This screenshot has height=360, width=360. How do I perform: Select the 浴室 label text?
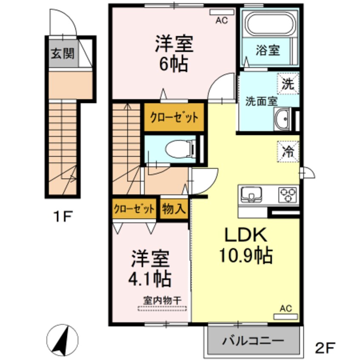[x=268, y=50]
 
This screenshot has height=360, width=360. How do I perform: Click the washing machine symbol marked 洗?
[x=289, y=83]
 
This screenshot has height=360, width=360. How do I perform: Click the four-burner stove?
[x=288, y=195]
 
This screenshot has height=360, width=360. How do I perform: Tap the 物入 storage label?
[x=174, y=209]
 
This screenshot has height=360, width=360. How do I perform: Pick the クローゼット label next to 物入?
[x=134, y=209]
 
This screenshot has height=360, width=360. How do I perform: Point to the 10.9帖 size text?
[x=246, y=255]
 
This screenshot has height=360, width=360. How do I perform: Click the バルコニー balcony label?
[x=253, y=341]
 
